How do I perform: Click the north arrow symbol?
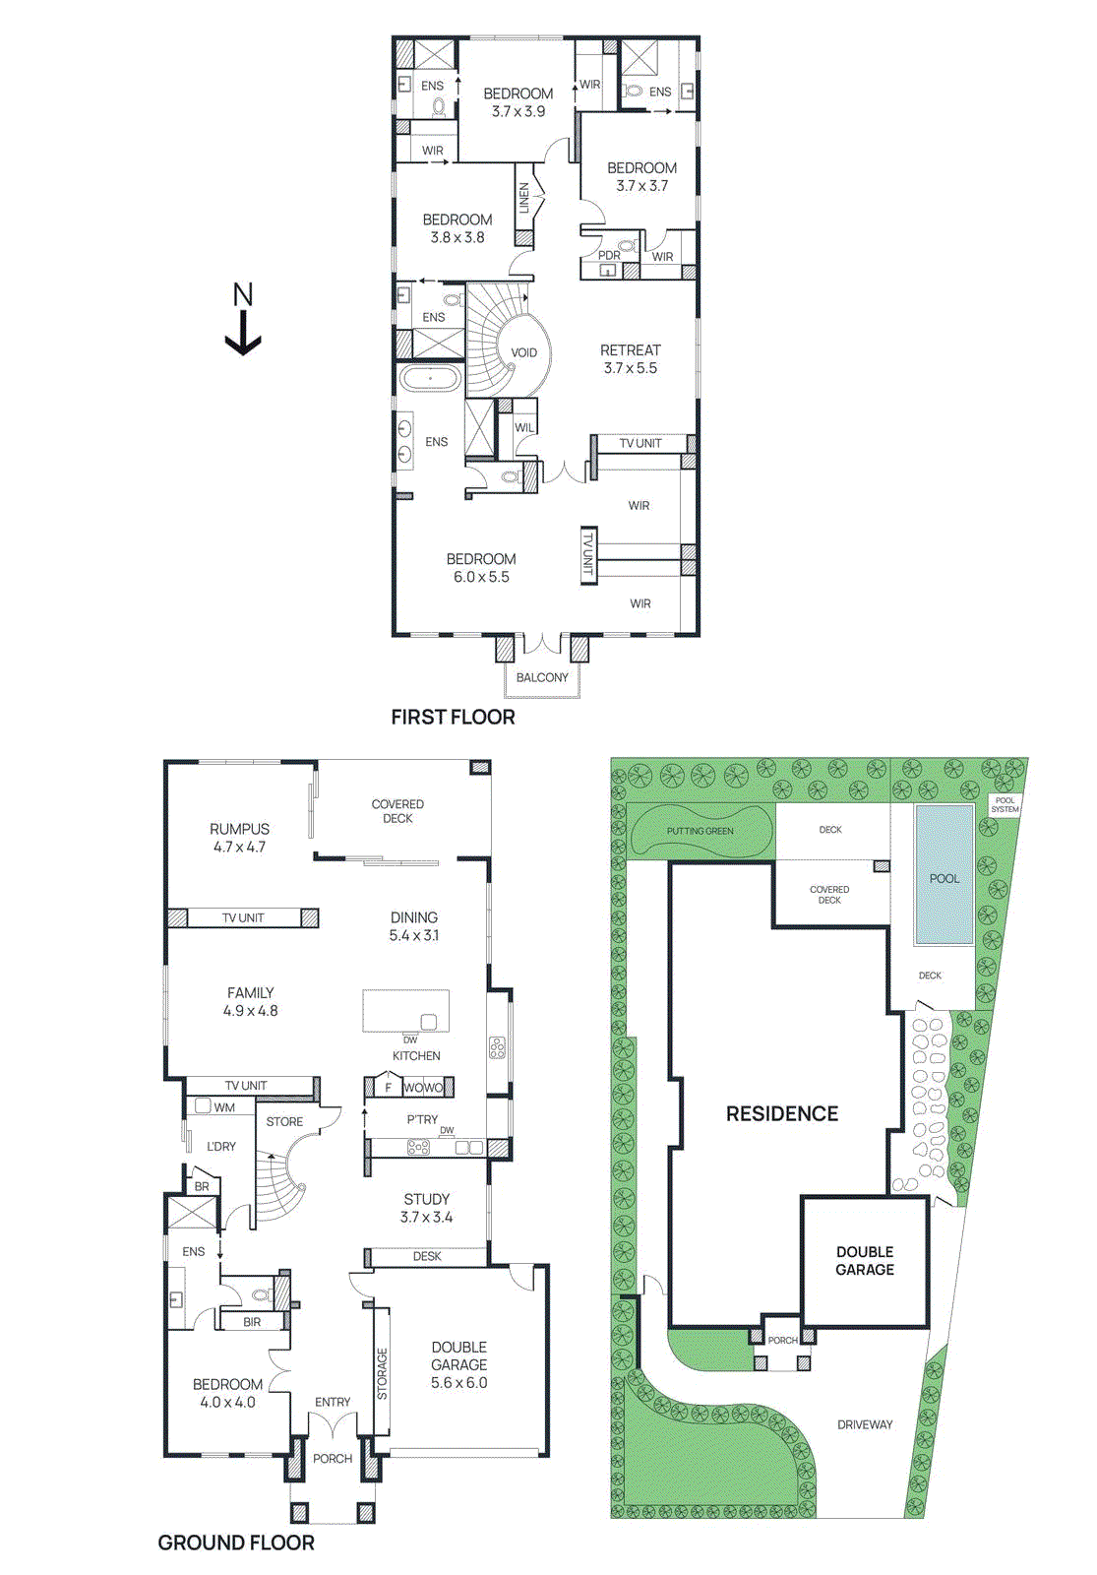242,321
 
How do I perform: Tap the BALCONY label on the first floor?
542,677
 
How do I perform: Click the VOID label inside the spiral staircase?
524,352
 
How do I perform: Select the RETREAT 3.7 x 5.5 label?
631,359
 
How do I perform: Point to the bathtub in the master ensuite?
430,378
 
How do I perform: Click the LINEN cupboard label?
524,198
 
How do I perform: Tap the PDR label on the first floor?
609,255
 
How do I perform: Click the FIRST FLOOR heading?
453,717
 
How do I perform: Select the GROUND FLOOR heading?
236,1543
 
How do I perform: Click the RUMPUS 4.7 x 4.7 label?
239,838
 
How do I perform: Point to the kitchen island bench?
405,1010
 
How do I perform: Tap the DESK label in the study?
427,1256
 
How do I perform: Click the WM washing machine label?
224,1107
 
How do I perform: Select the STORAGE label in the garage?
382,1373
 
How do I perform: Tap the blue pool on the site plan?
945,874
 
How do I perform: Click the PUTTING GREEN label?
700,831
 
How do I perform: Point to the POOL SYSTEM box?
1005,804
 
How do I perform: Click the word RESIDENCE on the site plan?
782,1113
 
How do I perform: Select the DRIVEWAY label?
865,1424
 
